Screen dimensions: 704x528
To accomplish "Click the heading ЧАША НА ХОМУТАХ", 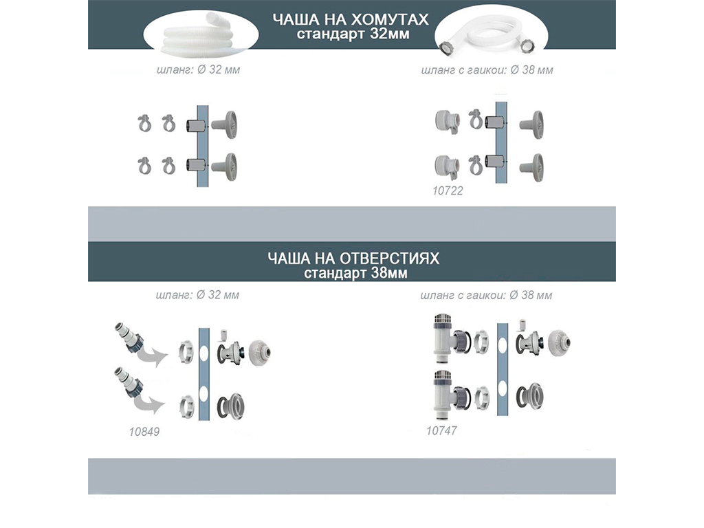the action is pyautogui.click(x=351, y=19).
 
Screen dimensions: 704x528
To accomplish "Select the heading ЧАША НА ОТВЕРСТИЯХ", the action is pyautogui.click(x=353, y=258).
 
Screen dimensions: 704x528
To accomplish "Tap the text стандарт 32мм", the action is pyautogui.click(x=353, y=34).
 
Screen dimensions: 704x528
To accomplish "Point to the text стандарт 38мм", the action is pyautogui.click(x=355, y=274).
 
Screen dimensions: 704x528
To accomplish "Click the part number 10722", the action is pyautogui.click(x=448, y=191).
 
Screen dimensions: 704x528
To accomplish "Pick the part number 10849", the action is pyautogui.click(x=144, y=432).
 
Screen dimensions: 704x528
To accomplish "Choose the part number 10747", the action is pyautogui.click(x=441, y=431).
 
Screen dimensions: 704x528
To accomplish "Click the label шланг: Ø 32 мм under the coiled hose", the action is pyautogui.click(x=199, y=70).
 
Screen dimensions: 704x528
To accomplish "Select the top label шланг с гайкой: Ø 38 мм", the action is pyautogui.click(x=487, y=70).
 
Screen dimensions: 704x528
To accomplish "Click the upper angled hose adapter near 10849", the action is pyautogui.click(x=129, y=337).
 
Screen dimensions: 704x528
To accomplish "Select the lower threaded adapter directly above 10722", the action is pyautogui.click(x=447, y=166).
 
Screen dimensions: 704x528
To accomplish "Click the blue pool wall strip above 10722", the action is pyautogui.click(x=501, y=142).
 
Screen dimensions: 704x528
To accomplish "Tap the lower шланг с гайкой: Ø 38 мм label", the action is pyautogui.click(x=486, y=296).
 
